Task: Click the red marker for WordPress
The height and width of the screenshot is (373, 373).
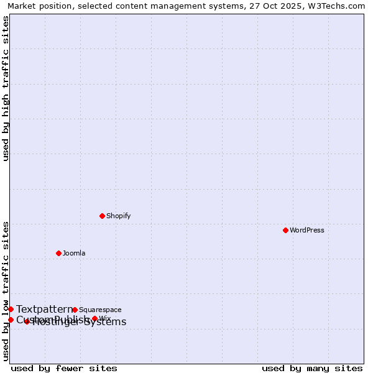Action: click(285, 230)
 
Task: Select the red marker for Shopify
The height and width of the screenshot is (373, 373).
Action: click(102, 216)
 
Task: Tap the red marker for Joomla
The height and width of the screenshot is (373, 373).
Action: click(58, 253)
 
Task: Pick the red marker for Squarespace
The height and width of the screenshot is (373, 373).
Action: click(75, 310)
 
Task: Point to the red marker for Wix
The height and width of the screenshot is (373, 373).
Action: click(94, 318)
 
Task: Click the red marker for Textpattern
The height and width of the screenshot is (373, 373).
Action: click(11, 309)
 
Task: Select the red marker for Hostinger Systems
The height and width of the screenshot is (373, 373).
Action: click(27, 321)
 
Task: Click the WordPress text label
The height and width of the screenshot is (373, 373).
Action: click(307, 230)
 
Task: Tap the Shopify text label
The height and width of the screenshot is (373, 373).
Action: click(118, 216)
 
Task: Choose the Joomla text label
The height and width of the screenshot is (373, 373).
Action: click(74, 253)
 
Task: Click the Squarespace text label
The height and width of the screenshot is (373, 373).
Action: click(100, 310)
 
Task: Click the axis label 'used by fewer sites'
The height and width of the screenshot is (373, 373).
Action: click(64, 368)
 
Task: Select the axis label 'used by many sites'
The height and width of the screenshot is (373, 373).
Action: click(312, 368)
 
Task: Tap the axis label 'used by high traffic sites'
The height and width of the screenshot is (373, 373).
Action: click(6, 88)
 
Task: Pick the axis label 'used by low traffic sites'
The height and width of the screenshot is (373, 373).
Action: click(6, 290)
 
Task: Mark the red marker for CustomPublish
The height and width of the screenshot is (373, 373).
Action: click(11, 320)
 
